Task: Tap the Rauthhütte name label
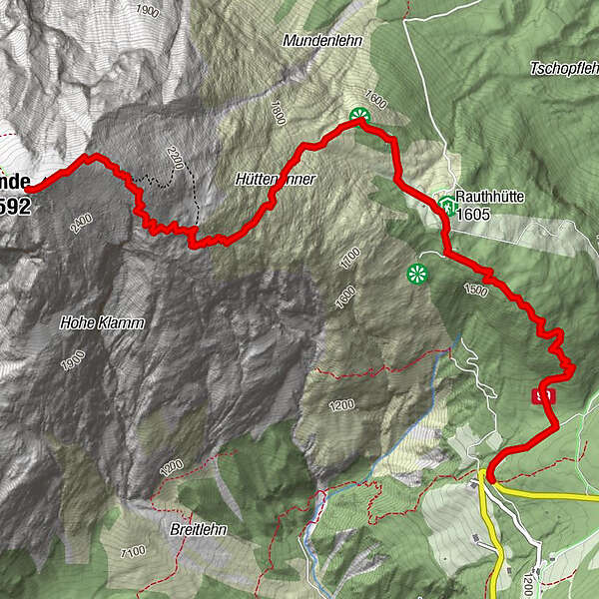pos(490,197)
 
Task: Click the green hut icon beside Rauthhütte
pos(447,207)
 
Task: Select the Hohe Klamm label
pos(102,323)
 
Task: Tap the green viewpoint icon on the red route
pos(359,117)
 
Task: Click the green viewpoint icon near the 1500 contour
pos(416,273)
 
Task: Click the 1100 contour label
pos(132,550)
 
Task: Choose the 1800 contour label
pos(276,111)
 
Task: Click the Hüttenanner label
pos(276,179)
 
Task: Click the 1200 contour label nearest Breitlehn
pos(171,466)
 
